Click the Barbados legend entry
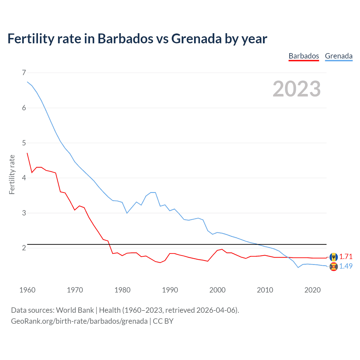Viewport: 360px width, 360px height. [304, 56]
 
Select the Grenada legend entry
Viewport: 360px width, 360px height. [339, 56]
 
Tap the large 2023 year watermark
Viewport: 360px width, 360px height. [296, 89]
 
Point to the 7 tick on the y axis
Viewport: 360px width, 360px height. [24, 73]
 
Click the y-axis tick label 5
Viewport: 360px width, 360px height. [24, 143]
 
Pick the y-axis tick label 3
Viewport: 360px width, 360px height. [24, 213]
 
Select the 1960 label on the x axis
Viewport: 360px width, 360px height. [27, 290]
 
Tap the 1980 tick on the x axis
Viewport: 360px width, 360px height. [122, 290]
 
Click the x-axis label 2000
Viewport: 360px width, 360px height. [217, 290]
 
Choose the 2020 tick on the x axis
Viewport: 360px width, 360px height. [312, 290]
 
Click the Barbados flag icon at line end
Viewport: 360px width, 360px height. [334, 257]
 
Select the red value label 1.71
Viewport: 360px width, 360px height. [346, 256]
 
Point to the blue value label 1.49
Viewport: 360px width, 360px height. [346, 266]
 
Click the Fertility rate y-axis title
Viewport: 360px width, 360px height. [12, 174]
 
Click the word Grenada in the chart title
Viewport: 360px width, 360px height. [196, 39]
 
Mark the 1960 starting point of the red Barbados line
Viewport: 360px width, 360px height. [27, 153]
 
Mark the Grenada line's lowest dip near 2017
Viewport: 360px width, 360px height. [298, 267]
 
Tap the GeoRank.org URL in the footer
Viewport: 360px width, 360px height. [79, 321]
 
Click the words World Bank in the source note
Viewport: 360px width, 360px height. [75, 310]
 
